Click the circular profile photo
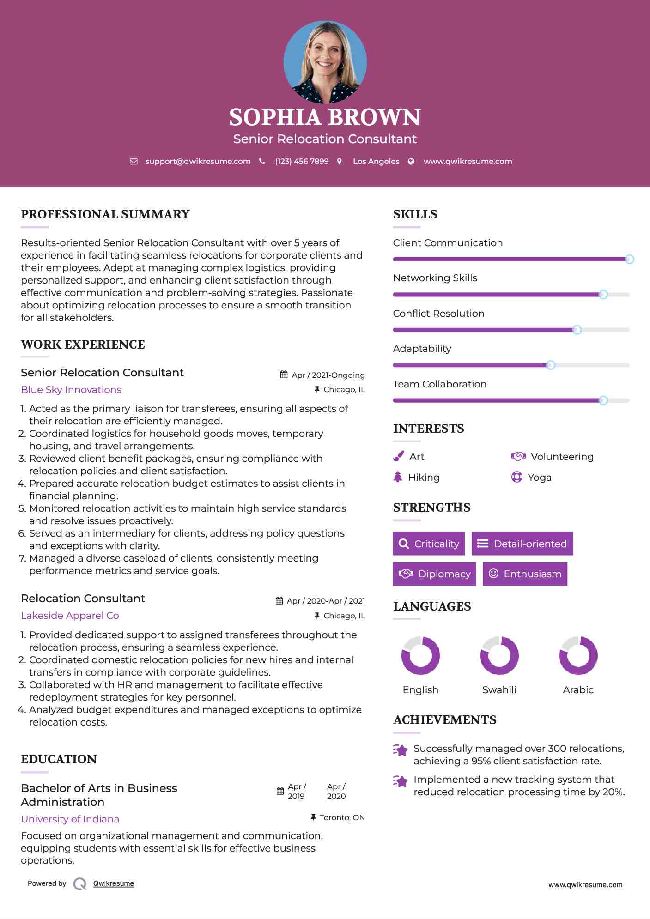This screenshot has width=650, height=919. (325, 62)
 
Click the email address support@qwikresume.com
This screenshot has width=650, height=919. (198, 161)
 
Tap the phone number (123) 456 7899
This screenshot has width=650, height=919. (302, 161)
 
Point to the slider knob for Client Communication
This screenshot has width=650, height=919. (629, 259)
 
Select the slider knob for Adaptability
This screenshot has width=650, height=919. (550, 365)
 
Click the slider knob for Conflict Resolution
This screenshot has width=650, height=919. (577, 330)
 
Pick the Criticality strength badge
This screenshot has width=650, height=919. (429, 544)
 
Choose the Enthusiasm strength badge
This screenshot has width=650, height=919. (525, 574)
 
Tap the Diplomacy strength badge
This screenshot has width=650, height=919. (434, 574)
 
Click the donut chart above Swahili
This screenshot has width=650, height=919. (499, 655)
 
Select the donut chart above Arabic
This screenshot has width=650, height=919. (578, 655)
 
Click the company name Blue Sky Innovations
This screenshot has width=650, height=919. (71, 389)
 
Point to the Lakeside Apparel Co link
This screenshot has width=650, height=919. (70, 615)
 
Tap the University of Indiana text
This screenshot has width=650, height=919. (70, 819)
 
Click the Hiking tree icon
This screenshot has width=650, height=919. (398, 477)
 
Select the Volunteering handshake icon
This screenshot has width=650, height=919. (518, 456)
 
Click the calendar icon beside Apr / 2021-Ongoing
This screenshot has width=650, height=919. (284, 375)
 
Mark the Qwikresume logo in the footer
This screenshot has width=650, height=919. (80, 883)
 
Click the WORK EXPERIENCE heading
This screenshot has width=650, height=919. (83, 344)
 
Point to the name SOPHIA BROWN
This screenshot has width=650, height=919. (325, 117)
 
